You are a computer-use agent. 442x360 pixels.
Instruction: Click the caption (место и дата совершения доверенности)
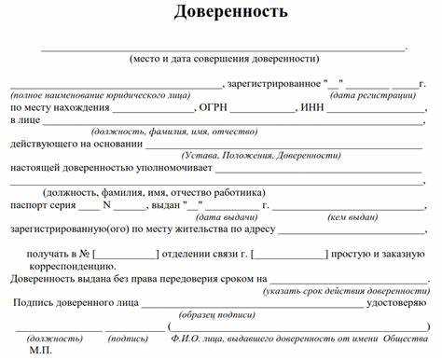[224, 58]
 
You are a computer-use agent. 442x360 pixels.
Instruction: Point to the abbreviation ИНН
[311, 107]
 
